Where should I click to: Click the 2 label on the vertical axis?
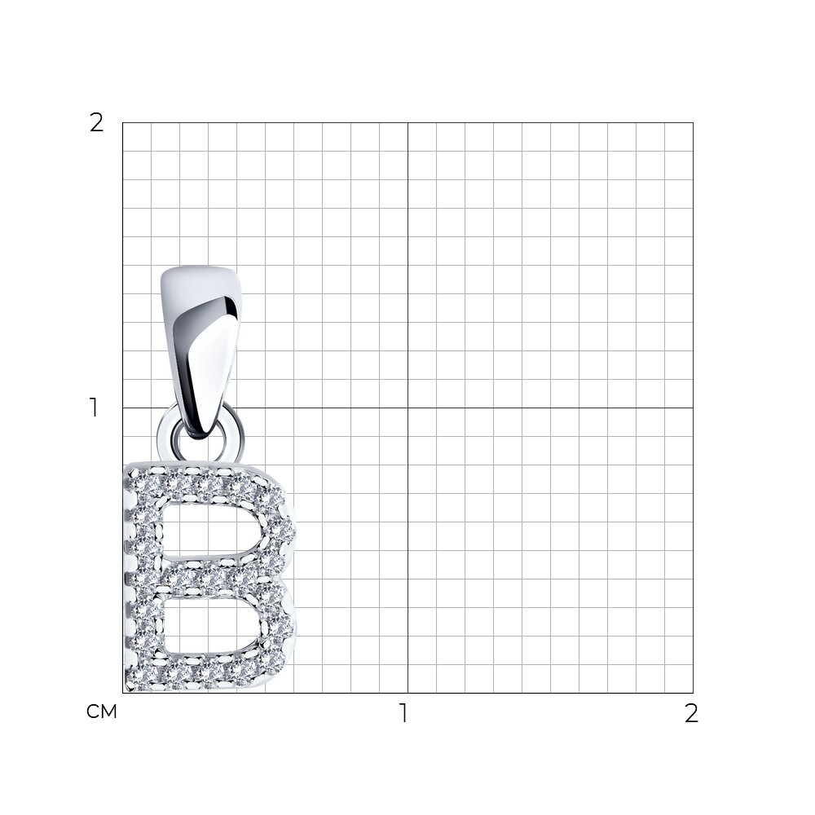97,123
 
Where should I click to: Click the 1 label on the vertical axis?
94,408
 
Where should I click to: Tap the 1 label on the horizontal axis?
404,713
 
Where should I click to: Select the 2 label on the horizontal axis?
691,713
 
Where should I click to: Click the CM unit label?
102,712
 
